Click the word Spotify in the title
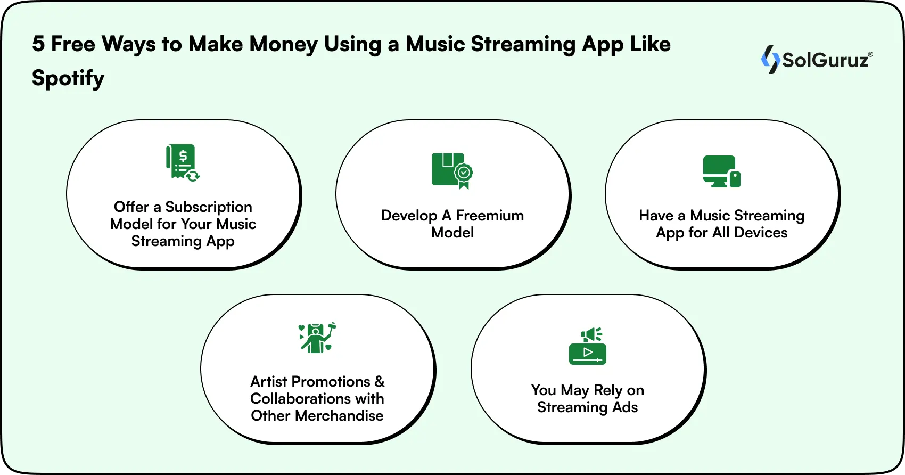pyautogui.click(x=68, y=78)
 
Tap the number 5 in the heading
pyautogui.click(x=38, y=44)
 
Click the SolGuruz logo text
pyautogui.click(x=825, y=60)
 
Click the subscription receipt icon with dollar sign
pyautogui.click(x=182, y=162)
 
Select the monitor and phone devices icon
pyautogui.click(x=721, y=171)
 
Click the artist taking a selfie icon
pyautogui.click(x=317, y=338)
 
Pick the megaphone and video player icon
pyautogui.click(x=587, y=346)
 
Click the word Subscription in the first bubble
pyautogui.click(x=209, y=207)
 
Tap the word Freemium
pyautogui.click(x=490, y=215)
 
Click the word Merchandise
pyautogui.click(x=339, y=415)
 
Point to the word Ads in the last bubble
pyautogui.click(x=625, y=407)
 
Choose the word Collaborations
pyautogui.click(x=300, y=398)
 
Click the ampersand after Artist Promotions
pyautogui.click(x=379, y=381)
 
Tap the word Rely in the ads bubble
pyautogui.click(x=607, y=390)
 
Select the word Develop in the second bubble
pyautogui.click(x=409, y=215)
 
